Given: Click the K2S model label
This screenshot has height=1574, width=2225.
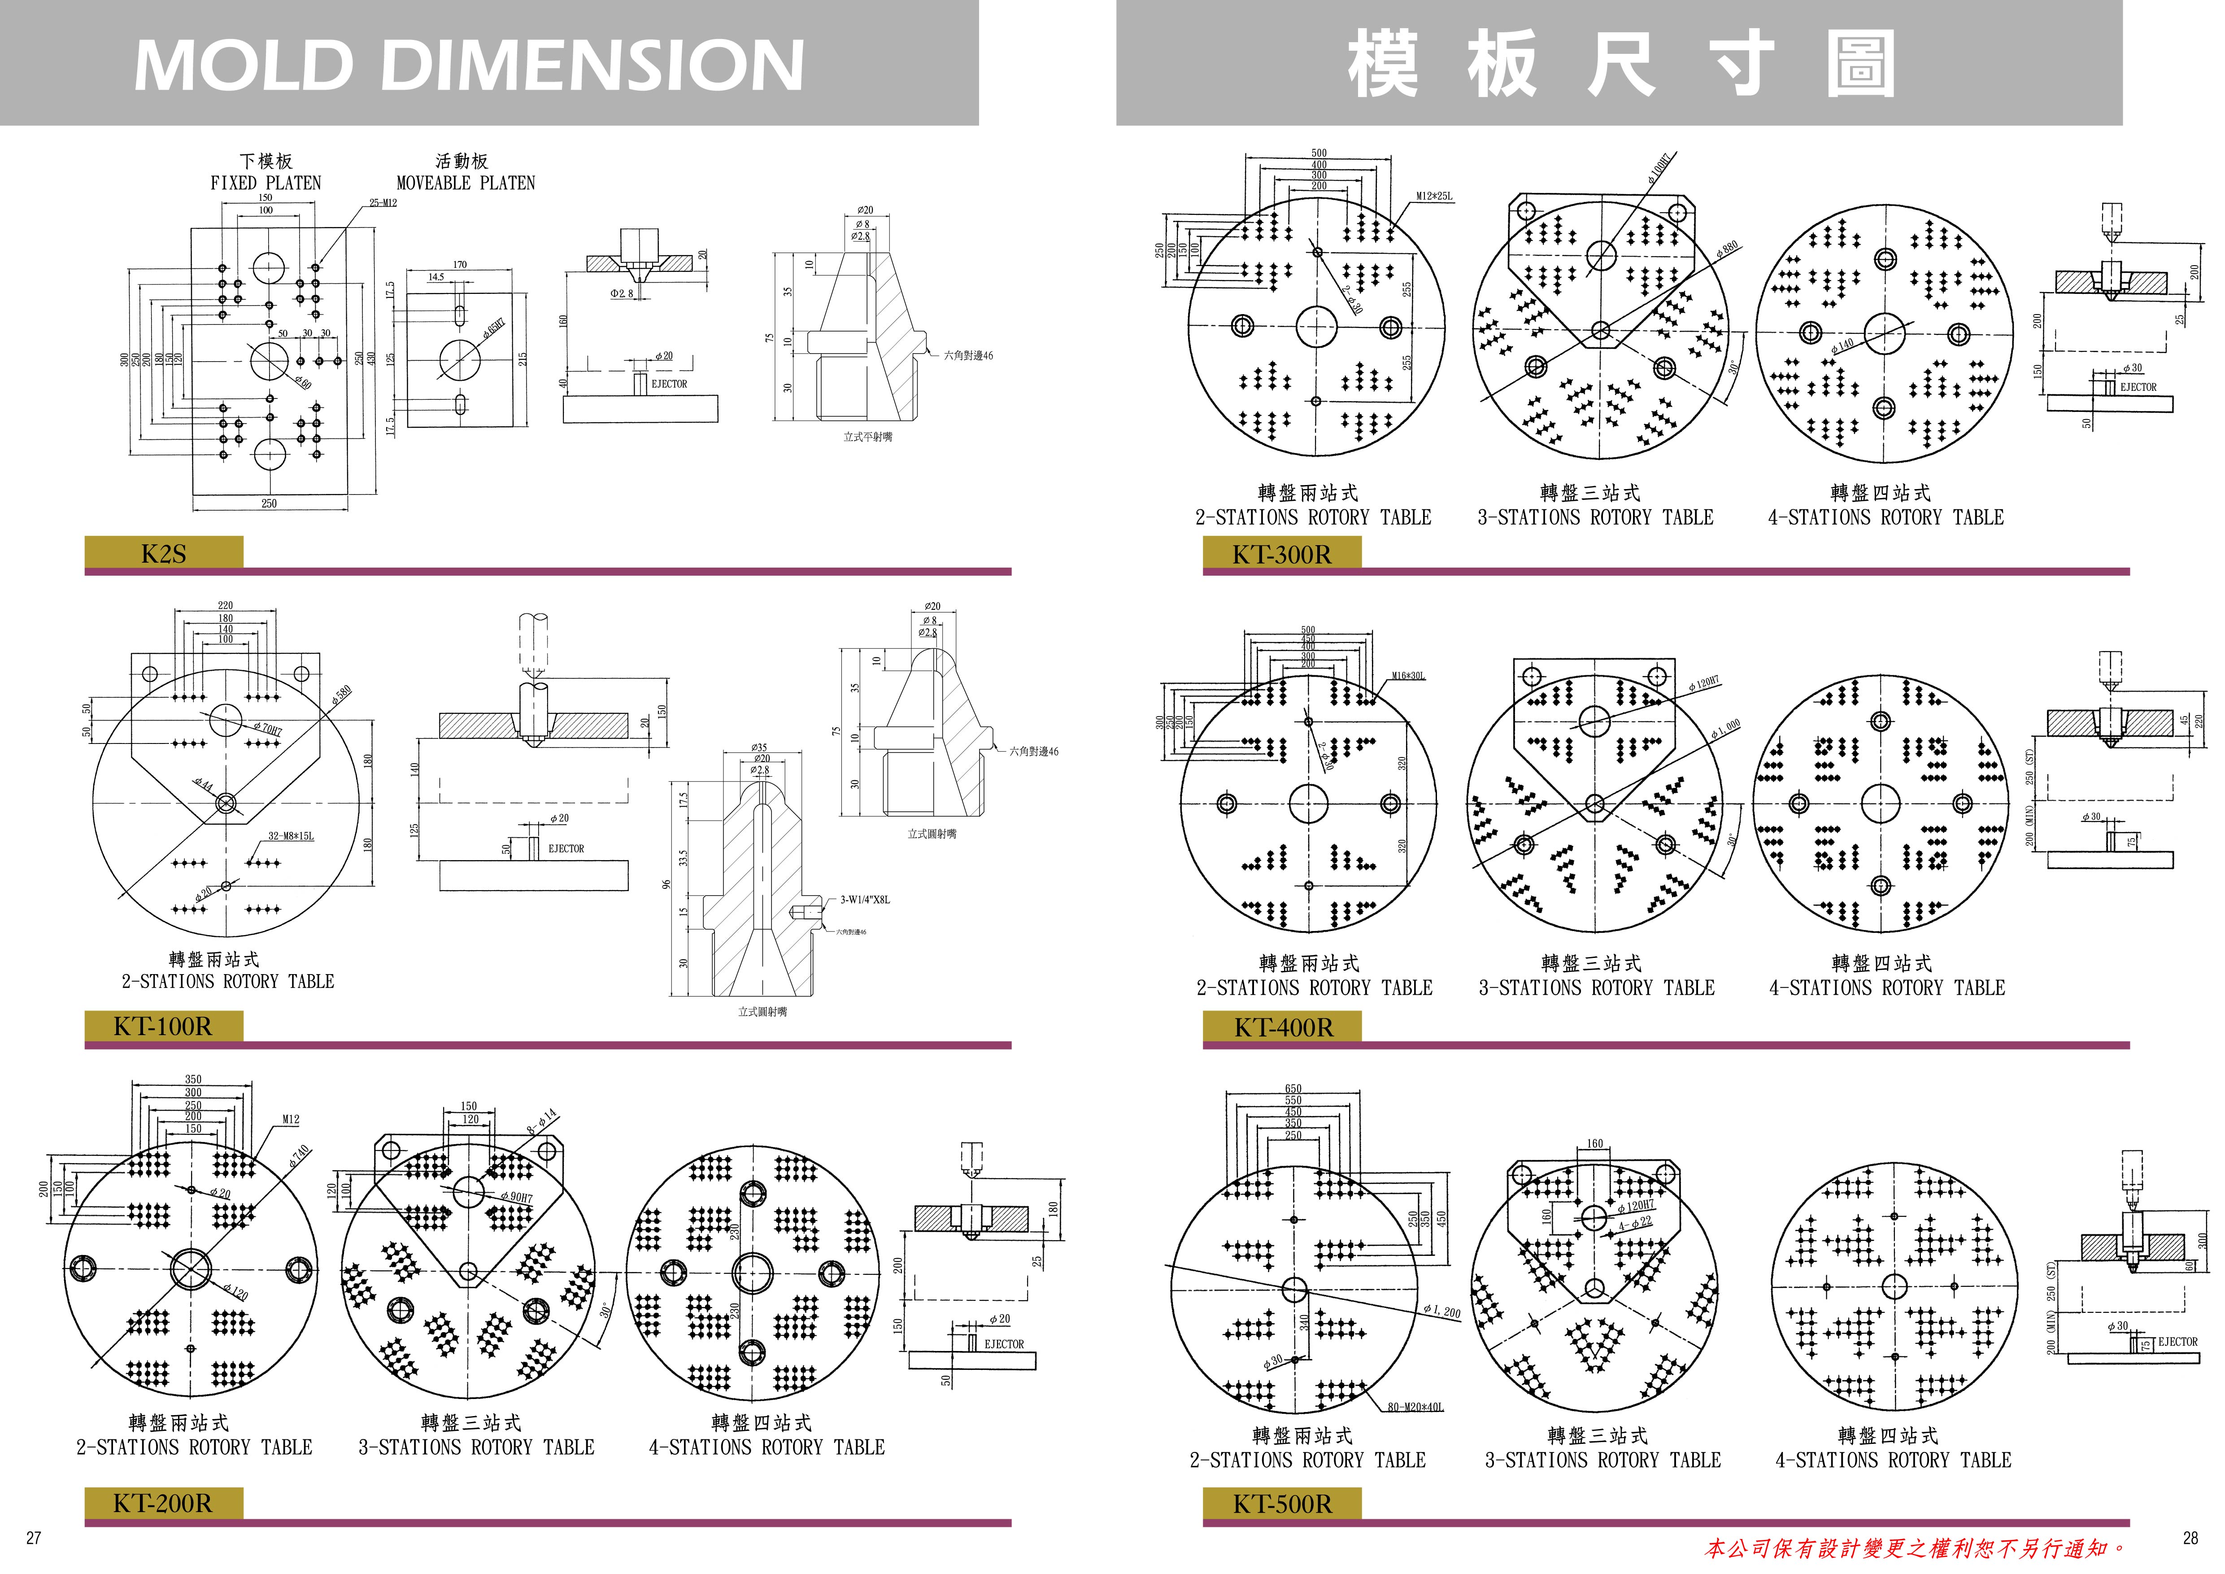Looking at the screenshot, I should point(163,553).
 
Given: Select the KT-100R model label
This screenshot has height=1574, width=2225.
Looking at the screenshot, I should point(163,1025).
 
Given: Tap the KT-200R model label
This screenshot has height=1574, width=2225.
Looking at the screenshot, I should point(163,1503).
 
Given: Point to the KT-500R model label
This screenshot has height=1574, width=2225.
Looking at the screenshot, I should point(1282,1504).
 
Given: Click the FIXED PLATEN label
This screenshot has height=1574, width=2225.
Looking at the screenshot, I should point(266,182).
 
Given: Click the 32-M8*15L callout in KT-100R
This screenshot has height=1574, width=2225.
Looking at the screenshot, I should point(291,835).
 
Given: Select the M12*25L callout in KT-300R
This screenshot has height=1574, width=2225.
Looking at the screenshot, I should point(1434,197).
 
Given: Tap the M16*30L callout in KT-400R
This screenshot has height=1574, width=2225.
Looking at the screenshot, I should point(1408,676).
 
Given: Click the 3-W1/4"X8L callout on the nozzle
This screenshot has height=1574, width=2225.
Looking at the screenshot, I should point(864,900).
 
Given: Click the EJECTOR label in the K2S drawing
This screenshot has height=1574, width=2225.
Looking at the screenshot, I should point(669,384).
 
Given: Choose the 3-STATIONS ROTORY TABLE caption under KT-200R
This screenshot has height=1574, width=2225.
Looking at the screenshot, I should point(476,1447).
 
